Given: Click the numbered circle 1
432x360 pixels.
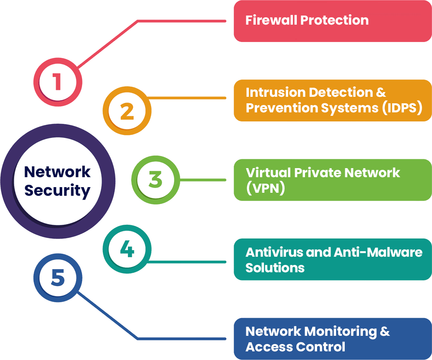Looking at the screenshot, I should pyautogui.click(x=57, y=81).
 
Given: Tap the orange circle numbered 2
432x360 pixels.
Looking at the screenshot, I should pyautogui.click(x=127, y=111).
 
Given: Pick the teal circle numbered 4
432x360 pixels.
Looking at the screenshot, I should pyautogui.click(x=127, y=249).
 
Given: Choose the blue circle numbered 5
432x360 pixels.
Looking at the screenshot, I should pyautogui.click(x=57, y=277).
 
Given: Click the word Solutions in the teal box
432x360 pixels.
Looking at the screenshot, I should pyautogui.click(x=275, y=268).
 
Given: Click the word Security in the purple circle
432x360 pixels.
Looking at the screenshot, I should pyautogui.click(x=57, y=191).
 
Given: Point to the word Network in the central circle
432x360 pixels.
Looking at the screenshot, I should pyautogui.click(x=57, y=172).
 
